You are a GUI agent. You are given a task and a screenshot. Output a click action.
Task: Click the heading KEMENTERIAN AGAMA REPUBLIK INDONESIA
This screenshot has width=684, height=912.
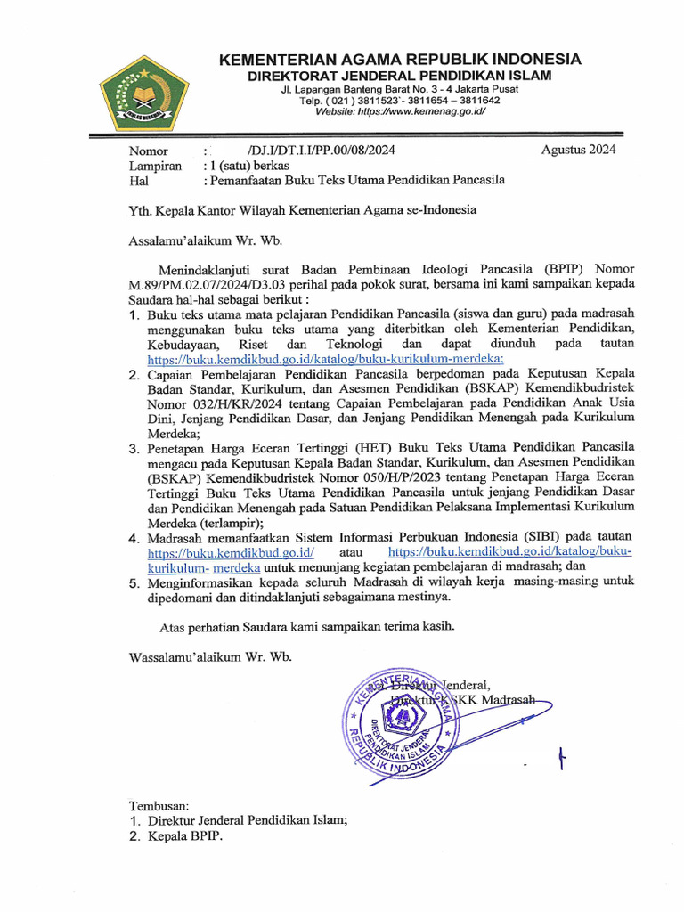pyautogui.click(x=400, y=60)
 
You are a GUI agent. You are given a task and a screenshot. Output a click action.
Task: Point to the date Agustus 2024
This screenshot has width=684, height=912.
pyautogui.click(x=578, y=150)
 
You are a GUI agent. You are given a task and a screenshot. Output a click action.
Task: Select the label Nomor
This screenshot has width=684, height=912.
pyautogui.click(x=148, y=151)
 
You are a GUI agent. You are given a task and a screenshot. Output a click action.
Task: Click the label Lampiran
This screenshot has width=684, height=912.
pyautogui.click(x=155, y=166)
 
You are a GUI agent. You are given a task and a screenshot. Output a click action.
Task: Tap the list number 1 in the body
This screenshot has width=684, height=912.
pyautogui.click(x=133, y=315)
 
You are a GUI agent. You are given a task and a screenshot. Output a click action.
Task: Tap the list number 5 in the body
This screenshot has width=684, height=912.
pyautogui.click(x=133, y=582)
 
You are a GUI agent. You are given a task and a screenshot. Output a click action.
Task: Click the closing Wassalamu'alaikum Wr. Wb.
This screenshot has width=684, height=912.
pyautogui.click(x=210, y=657)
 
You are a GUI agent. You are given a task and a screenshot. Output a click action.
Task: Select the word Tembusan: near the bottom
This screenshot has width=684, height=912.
pyautogui.click(x=159, y=805)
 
